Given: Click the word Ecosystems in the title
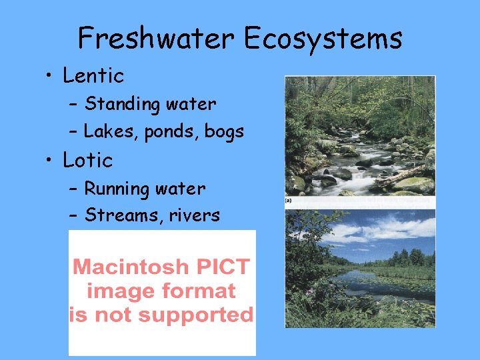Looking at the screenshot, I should [323, 39].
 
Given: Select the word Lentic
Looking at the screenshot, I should [93, 76].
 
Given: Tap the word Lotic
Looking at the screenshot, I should [88, 161].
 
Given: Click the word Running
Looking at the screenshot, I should [117, 189].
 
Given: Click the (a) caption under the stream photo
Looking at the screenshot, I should [289, 199].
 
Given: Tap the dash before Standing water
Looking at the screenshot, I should [73, 105].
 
